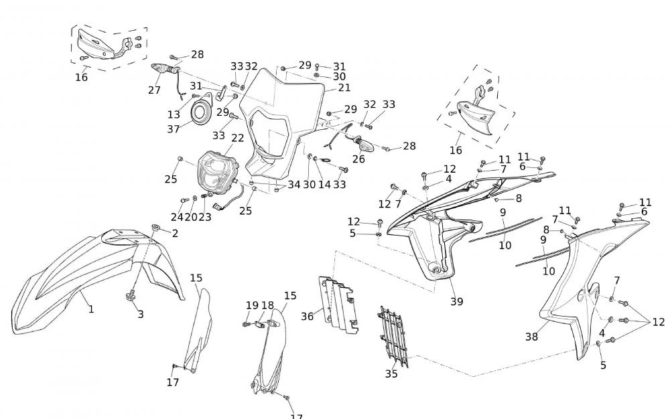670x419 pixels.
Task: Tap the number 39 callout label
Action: [x=456, y=301]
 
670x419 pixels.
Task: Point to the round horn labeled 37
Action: [x=199, y=112]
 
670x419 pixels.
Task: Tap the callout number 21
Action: [x=344, y=88]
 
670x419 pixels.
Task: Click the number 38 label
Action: [x=531, y=337]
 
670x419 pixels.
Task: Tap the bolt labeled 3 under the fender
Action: [x=131, y=295]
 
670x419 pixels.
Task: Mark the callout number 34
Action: [x=294, y=185]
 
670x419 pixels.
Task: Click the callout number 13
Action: [x=174, y=114]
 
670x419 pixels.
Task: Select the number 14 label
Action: [x=324, y=185]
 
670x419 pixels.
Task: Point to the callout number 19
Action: [x=252, y=305]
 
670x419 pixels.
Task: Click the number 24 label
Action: [x=176, y=217]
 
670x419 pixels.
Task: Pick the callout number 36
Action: [x=308, y=315]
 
